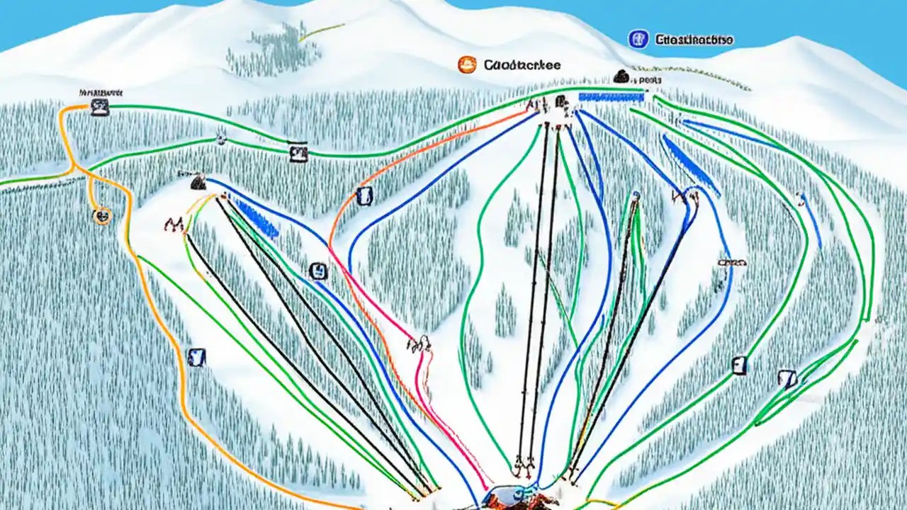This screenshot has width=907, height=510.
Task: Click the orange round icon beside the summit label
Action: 467,64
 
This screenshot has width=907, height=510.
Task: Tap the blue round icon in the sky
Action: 638,39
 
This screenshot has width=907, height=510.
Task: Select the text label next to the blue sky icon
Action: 694,40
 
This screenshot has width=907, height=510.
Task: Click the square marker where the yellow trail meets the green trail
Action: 100,107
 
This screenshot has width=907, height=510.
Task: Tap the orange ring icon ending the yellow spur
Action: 102,215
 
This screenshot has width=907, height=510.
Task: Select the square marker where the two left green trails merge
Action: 298,151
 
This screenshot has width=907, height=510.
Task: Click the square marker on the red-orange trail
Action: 364,196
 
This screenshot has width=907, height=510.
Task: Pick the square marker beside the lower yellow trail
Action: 196,357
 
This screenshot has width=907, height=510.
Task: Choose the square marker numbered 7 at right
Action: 787,379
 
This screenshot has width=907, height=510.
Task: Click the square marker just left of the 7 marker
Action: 739,365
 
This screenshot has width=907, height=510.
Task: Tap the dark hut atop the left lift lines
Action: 198,182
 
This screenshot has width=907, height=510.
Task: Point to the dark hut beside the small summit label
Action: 621,76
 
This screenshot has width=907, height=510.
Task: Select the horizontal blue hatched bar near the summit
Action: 611,97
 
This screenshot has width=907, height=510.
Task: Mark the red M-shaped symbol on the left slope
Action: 174,225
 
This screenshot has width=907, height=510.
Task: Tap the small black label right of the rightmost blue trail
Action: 732,262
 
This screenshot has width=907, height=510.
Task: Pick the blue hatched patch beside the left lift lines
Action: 256,218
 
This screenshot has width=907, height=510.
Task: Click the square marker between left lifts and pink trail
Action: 319,271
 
